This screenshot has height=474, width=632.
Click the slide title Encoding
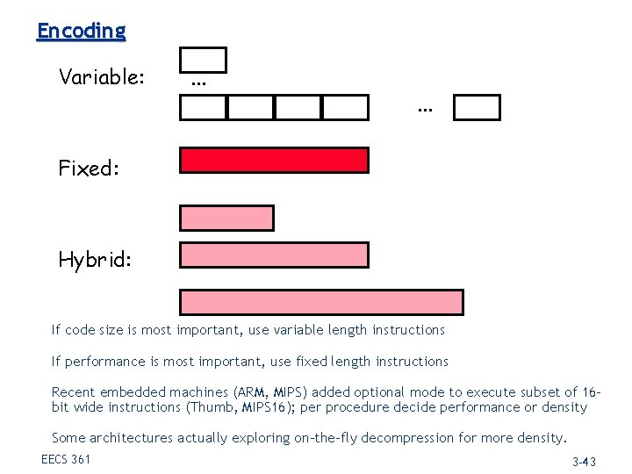(x=81, y=31)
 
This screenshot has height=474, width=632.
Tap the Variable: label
(x=102, y=77)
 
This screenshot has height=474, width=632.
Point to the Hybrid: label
(x=95, y=260)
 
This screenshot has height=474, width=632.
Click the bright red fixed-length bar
(x=274, y=161)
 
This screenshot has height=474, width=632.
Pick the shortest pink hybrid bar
(x=226, y=218)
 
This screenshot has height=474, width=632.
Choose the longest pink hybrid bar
(x=321, y=302)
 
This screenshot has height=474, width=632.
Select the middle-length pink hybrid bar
(x=274, y=255)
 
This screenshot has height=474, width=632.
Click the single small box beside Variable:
(x=203, y=60)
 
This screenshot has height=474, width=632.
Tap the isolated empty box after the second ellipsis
(x=478, y=108)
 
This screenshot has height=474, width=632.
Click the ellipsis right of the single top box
(x=198, y=83)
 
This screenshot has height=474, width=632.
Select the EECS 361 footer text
(x=66, y=459)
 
